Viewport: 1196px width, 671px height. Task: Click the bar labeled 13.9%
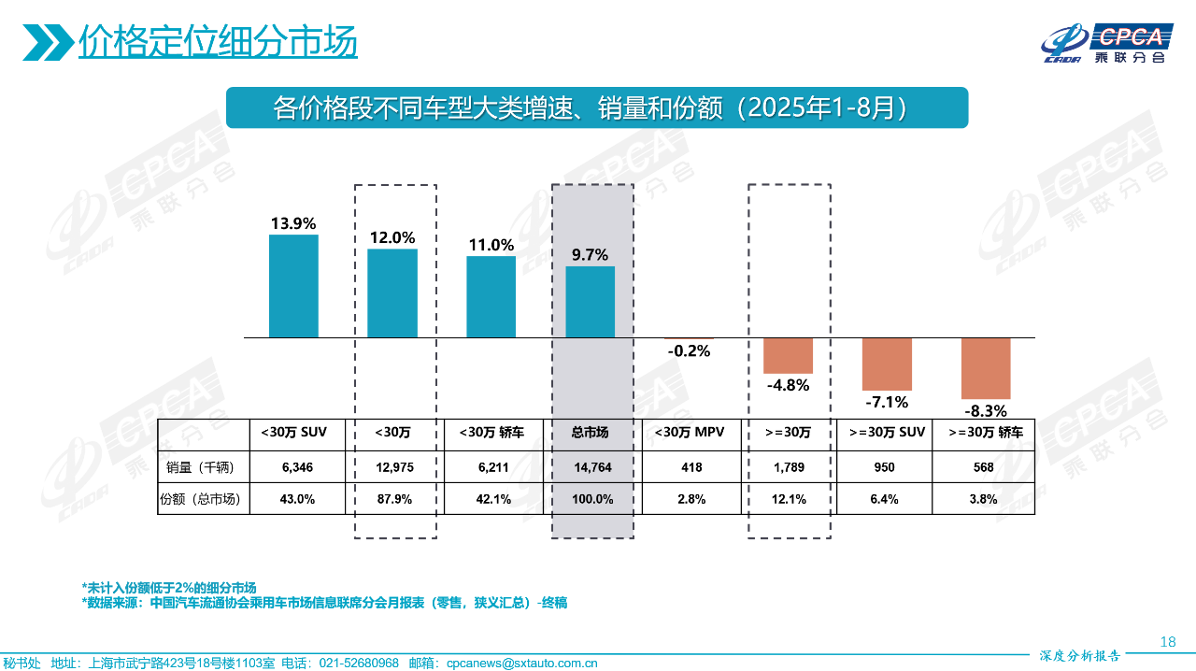pyautogui.click(x=293, y=286)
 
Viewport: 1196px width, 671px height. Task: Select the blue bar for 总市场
pyautogui.click(x=591, y=302)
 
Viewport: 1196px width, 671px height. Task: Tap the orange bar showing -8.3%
pyautogui.click(x=986, y=368)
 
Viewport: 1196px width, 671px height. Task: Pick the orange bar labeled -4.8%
pyautogui.click(x=788, y=355)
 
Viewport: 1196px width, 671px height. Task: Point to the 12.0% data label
pyautogui.click(x=392, y=238)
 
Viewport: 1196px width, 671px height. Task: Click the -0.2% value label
pyautogui.click(x=689, y=351)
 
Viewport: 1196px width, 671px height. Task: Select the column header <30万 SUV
pyautogui.click(x=297, y=433)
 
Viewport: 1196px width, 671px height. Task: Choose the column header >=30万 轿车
pyautogui.click(x=986, y=433)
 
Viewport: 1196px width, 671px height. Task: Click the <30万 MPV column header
pyautogui.click(x=691, y=433)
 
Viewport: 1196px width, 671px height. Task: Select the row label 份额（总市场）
pyautogui.click(x=200, y=499)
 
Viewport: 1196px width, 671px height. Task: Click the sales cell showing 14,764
pyautogui.click(x=592, y=467)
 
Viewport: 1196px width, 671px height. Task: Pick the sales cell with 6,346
pyautogui.click(x=297, y=467)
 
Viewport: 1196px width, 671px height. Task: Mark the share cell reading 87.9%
pyautogui.click(x=394, y=499)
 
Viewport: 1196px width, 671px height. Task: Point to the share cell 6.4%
pyautogui.click(x=885, y=499)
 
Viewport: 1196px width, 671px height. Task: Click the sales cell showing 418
pyautogui.click(x=691, y=467)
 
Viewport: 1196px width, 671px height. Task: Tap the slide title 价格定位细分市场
pyautogui.click(x=218, y=42)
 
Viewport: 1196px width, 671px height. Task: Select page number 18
pyautogui.click(x=1167, y=642)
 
